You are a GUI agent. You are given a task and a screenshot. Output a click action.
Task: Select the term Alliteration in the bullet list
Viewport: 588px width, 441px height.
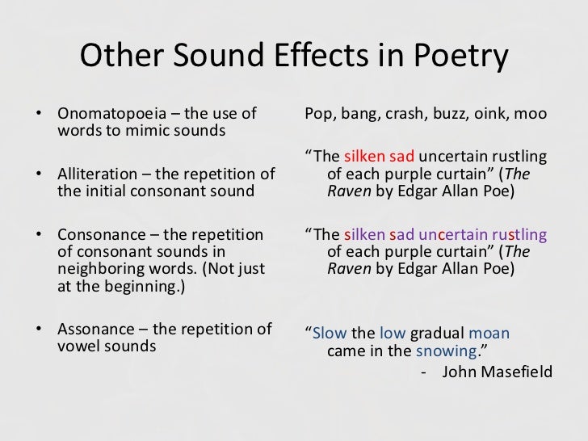pos(95,174)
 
